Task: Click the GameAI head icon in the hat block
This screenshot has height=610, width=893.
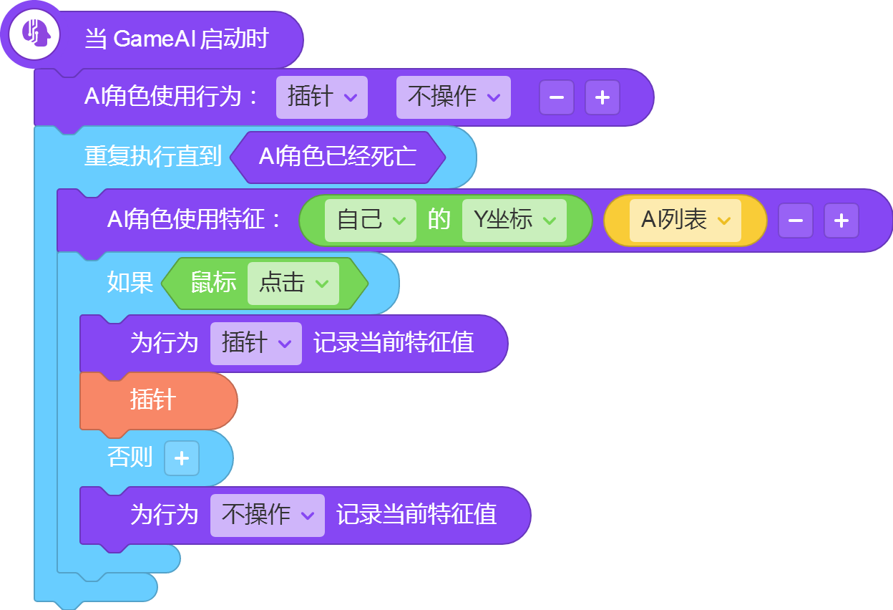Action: [x=34, y=34]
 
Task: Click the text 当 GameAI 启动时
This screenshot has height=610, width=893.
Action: [x=177, y=39]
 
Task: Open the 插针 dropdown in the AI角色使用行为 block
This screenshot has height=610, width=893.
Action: [x=322, y=97]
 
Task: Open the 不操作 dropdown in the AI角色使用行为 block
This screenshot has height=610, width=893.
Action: [x=453, y=97]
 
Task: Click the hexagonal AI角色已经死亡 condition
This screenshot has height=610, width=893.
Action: [x=338, y=158]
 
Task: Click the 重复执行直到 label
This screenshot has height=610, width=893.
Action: [x=153, y=156]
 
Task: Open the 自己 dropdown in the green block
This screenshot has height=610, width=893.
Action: [x=371, y=221]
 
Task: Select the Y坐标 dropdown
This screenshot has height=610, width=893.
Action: [x=514, y=221]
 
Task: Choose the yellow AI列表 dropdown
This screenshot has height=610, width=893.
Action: [x=685, y=221]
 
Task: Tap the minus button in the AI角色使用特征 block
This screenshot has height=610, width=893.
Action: [x=796, y=221]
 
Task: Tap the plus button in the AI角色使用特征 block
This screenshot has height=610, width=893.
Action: [x=841, y=221]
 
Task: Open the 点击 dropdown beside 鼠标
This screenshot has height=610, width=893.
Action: [x=293, y=284]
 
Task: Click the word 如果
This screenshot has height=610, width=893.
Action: [x=130, y=283]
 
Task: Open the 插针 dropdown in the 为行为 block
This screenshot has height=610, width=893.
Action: [x=256, y=344]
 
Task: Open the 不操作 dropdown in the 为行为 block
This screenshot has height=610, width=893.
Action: [x=268, y=515]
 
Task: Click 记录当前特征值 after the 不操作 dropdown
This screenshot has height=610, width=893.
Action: [x=416, y=514]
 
